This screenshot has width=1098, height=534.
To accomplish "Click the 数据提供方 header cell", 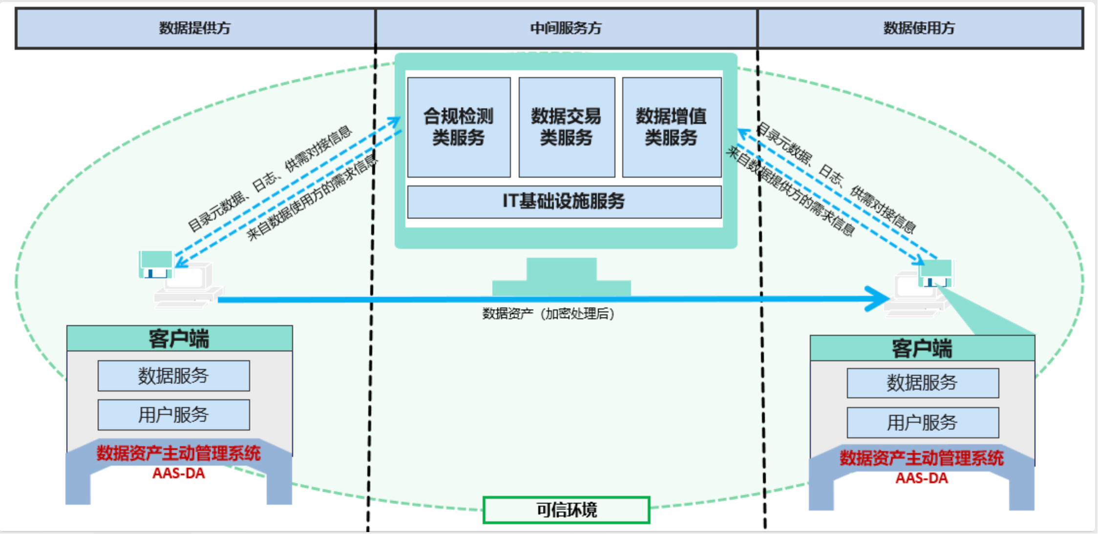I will pos(195,28).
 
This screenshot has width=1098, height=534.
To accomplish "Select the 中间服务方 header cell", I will pos(566,28).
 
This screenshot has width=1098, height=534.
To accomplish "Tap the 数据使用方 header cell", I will pos(919,28).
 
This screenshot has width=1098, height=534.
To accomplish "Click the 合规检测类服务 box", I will pos(459,127).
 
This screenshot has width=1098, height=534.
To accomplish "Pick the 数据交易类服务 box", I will pos(567,127).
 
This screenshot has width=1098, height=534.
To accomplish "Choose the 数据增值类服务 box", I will pos(672,127).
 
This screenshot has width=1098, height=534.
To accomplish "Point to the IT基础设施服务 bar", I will pos(564,202).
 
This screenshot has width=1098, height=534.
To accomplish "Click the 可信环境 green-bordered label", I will pos(567,510).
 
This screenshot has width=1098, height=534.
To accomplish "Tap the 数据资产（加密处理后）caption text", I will pos(548,313).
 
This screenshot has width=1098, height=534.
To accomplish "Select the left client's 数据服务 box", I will pos(173,376).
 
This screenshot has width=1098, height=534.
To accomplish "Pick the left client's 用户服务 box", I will pos(173,415).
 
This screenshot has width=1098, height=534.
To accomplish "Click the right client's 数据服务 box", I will pos(923,383).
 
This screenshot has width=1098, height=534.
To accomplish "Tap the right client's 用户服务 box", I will pos(923,423).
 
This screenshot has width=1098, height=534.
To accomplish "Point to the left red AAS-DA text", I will pos(179,473).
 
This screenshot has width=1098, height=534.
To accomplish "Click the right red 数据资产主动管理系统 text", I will pos(922,458).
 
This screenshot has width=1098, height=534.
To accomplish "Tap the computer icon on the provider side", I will pos(181,281).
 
